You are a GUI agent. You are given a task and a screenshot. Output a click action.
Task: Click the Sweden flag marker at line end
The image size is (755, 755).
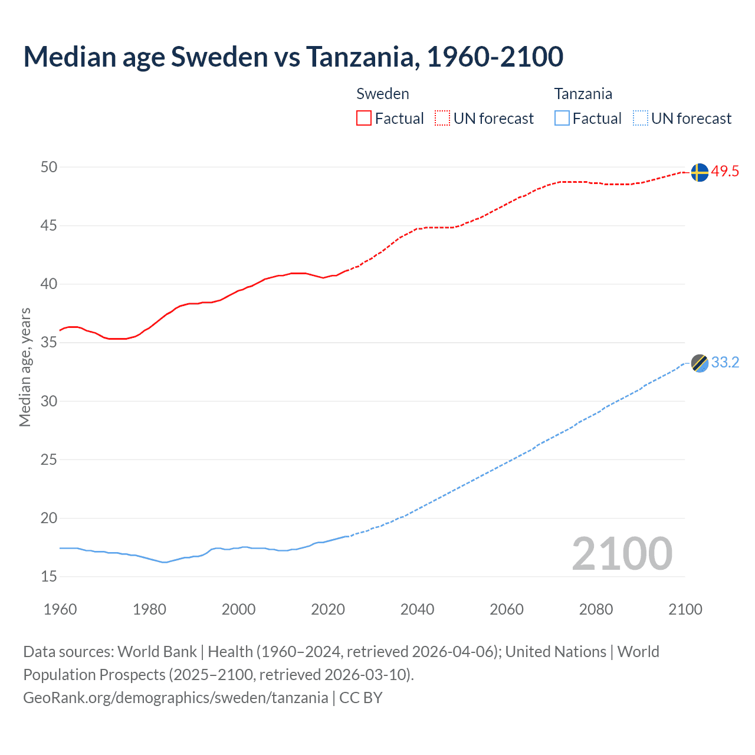click(699, 172)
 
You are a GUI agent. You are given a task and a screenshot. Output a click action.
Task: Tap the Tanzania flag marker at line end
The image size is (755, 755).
click(699, 363)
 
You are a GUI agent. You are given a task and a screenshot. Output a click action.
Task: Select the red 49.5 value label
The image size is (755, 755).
click(725, 172)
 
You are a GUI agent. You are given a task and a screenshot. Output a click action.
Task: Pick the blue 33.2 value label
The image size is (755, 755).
click(725, 363)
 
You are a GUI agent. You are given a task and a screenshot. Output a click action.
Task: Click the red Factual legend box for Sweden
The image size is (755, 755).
click(364, 119)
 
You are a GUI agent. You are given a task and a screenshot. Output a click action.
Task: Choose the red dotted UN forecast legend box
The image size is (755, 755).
click(442, 119)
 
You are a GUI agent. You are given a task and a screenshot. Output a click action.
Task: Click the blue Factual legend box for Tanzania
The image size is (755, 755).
click(562, 119)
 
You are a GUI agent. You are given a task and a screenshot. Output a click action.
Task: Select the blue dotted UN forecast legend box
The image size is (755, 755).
click(640, 119)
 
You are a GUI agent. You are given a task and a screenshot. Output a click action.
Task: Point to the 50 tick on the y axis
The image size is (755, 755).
click(49, 168)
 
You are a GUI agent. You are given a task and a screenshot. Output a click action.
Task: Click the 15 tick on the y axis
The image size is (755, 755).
click(49, 577)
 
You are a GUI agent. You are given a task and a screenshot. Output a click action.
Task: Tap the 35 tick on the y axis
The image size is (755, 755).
click(49, 343)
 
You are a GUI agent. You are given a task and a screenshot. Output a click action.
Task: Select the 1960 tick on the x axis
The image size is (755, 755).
click(60, 609)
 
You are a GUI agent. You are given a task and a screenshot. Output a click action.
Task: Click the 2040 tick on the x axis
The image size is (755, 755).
click(417, 609)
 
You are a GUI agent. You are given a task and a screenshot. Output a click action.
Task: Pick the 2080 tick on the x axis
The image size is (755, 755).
click(596, 609)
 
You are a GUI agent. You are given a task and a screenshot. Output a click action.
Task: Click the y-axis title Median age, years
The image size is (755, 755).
click(25, 367)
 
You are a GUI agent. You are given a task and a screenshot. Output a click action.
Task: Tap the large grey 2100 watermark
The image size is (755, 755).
click(622, 554)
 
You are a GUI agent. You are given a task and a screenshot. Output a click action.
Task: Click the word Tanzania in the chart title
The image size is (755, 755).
click(362, 57)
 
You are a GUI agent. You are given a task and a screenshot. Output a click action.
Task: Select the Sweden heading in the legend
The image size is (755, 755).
click(383, 94)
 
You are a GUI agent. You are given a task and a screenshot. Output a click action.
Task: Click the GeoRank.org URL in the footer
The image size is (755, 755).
click(175, 698)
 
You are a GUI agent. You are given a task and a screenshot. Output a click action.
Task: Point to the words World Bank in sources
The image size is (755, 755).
click(157, 652)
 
